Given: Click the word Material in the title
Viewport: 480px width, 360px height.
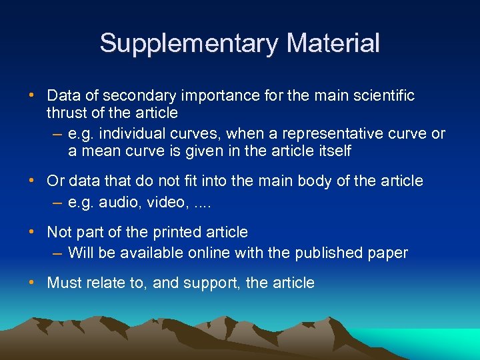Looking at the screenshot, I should coord(333,43).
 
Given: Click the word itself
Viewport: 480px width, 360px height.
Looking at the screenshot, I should coord(335,151).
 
